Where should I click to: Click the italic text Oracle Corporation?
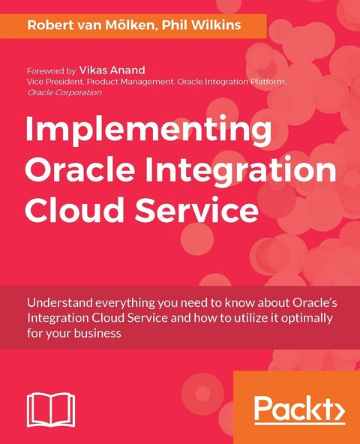[x=64, y=92]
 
